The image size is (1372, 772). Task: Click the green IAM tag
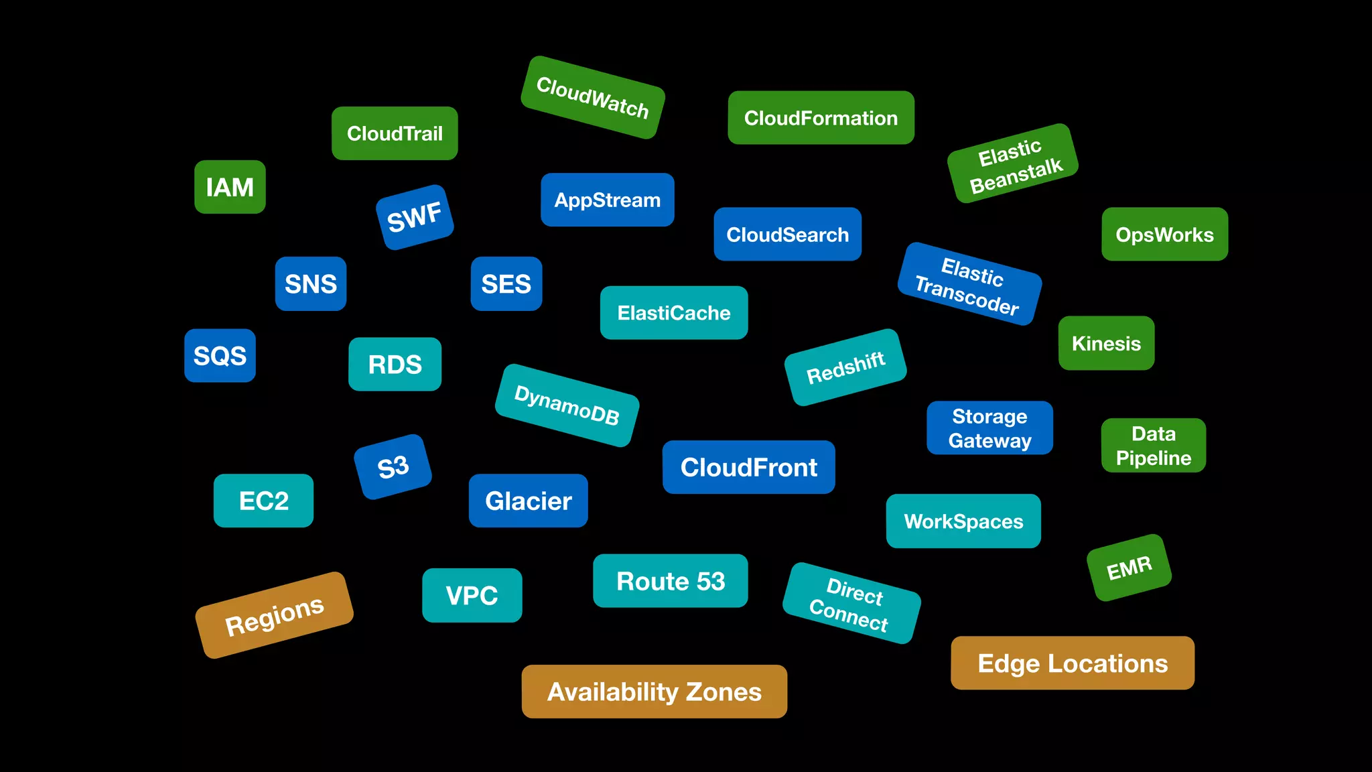click(x=230, y=187)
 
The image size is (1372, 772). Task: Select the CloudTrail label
click(x=395, y=133)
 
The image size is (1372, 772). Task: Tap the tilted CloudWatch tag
click(x=593, y=98)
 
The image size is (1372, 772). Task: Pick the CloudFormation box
click(x=821, y=118)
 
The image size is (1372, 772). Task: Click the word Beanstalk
click(x=1016, y=176)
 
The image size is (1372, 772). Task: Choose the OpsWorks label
click(x=1164, y=235)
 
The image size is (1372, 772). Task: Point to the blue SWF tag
click(x=415, y=217)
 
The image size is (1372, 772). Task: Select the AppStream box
click(x=607, y=200)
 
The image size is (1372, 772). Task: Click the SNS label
click(x=311, y=283)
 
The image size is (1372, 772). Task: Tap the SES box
click(x=506, y=283)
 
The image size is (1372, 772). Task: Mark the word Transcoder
click(x=966, y=296)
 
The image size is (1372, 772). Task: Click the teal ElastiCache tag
click(x=673, y=313)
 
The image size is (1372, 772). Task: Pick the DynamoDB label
click(x=567, y=405)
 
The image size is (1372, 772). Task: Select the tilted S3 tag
click(x=393, y=467)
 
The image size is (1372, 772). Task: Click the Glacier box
click(x=528, y=501)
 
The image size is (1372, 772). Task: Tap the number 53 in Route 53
click(x=709, y=581)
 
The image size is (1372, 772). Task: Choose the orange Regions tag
click(x=274, y=615)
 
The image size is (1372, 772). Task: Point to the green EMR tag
click(x=1129, y=568)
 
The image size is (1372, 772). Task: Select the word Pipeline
click(x=1153, y=458)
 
